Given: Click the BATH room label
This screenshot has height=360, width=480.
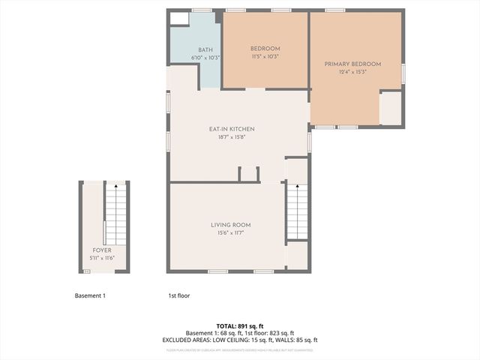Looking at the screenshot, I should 195,49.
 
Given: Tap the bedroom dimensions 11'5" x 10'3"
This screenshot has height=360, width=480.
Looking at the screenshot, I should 265,57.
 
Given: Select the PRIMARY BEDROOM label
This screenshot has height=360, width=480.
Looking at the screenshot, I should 352,64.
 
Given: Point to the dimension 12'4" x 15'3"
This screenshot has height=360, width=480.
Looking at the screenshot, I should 352,73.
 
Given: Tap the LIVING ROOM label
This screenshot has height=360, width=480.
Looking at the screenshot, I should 229,225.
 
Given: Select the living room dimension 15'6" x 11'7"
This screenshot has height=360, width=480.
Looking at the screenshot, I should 229,233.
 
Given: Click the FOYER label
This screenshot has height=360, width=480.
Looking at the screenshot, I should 102,250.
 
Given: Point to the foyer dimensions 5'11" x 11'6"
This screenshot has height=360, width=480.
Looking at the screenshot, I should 102,259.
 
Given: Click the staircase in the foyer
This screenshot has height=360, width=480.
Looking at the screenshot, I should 115,214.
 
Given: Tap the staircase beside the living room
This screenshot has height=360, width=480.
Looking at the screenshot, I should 298,211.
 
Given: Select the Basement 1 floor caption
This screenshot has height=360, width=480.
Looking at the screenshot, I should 90,295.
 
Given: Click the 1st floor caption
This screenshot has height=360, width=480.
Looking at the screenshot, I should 178,295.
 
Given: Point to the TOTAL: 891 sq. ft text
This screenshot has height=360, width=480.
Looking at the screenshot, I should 240,326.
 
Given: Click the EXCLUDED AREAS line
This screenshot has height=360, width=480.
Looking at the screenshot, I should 240,340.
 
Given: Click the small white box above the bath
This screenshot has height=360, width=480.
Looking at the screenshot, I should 179,19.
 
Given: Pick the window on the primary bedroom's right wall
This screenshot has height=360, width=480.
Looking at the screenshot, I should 403,73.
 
